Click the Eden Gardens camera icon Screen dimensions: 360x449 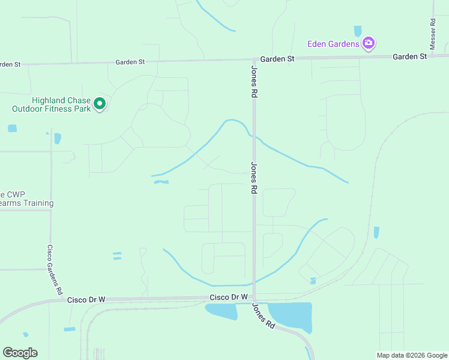[369, 43]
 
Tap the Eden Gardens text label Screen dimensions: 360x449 [333, 43]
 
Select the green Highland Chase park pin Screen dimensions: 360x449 [100, 105]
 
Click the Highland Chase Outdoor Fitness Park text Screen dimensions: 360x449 [52, 104]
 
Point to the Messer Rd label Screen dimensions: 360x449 [433, 34]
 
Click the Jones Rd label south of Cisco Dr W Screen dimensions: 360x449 [263, 316]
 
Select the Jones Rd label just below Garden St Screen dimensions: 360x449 [254, 82]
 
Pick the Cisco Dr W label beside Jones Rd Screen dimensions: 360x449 [229, 297]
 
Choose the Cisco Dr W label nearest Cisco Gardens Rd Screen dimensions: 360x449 [86, 299]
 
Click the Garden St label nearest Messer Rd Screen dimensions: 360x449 [409, 56]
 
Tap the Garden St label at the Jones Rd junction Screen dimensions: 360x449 [277, 59]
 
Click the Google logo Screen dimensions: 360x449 [20, 353]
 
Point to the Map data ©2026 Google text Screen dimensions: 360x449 [412, 355]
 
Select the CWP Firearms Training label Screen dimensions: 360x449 [26, 199]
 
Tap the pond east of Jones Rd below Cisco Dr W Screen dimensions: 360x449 [292, 315]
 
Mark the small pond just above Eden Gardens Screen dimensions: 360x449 [358, 31]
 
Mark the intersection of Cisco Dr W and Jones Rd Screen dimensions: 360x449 [255, 298]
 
